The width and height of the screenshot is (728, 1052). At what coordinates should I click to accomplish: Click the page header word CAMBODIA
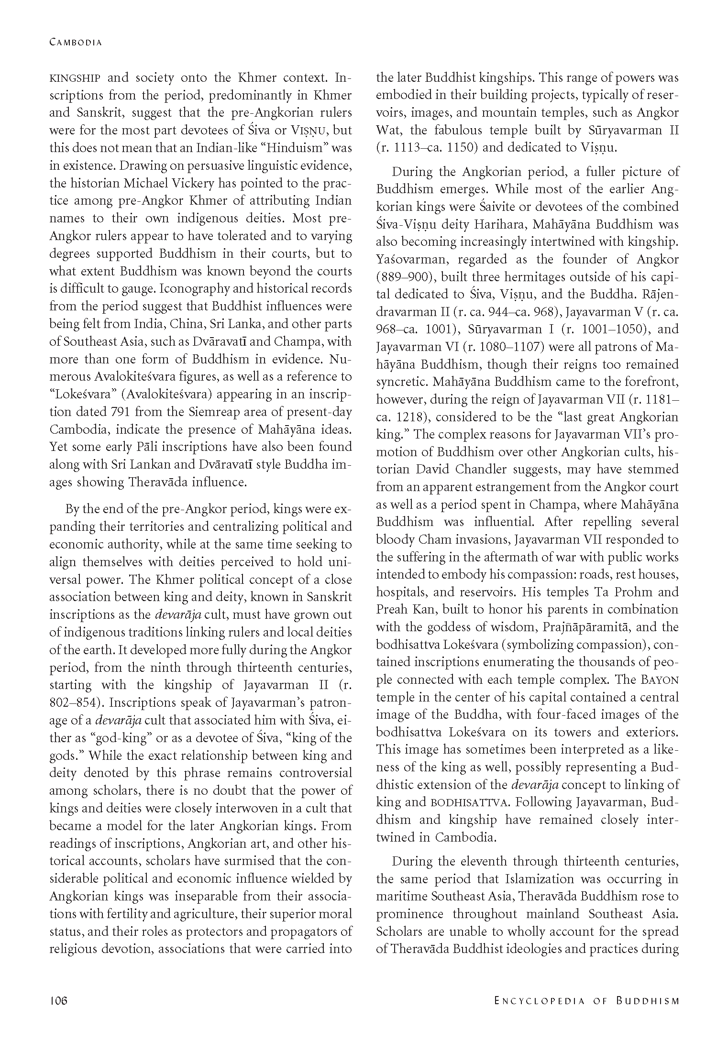tap(76, 42)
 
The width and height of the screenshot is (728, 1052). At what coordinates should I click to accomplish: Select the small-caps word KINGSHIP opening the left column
tap(75, 78)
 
